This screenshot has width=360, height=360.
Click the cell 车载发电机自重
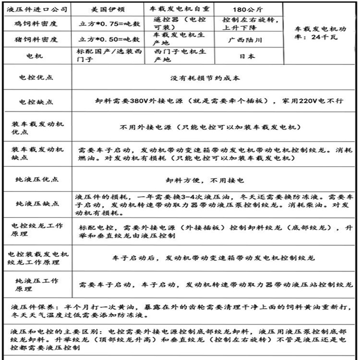coord(179,9)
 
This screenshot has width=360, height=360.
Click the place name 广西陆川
coord(248,39)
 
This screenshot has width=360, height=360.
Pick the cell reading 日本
coord(248,56)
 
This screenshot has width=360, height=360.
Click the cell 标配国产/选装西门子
coord(108,56)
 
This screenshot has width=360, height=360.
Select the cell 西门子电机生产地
coord(179,56)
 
